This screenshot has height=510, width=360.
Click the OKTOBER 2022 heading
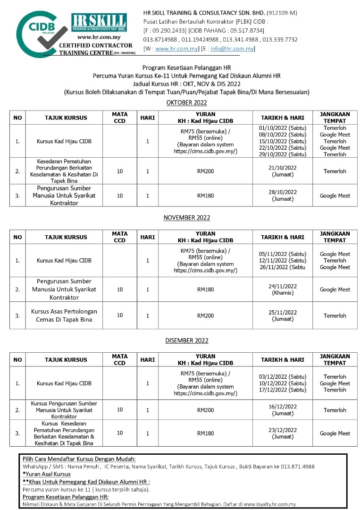point(186,102)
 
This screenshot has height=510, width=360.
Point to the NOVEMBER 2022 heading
point(186,218)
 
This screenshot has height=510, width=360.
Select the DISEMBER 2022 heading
point(186,340)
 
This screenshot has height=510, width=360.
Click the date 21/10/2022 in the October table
point(283,168)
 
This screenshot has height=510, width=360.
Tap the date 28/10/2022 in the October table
point(283,192)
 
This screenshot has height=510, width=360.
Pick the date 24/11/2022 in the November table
point(283,286)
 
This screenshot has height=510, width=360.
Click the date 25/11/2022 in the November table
point(283,312)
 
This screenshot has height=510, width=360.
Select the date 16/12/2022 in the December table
point(283,407)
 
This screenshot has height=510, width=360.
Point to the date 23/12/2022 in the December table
point(283,430)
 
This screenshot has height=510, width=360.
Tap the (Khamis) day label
point(283,293)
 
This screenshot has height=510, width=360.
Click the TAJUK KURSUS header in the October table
point(66,118)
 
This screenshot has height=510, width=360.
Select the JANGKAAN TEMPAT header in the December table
point(335,360)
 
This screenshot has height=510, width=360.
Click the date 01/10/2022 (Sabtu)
point(283,128)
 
